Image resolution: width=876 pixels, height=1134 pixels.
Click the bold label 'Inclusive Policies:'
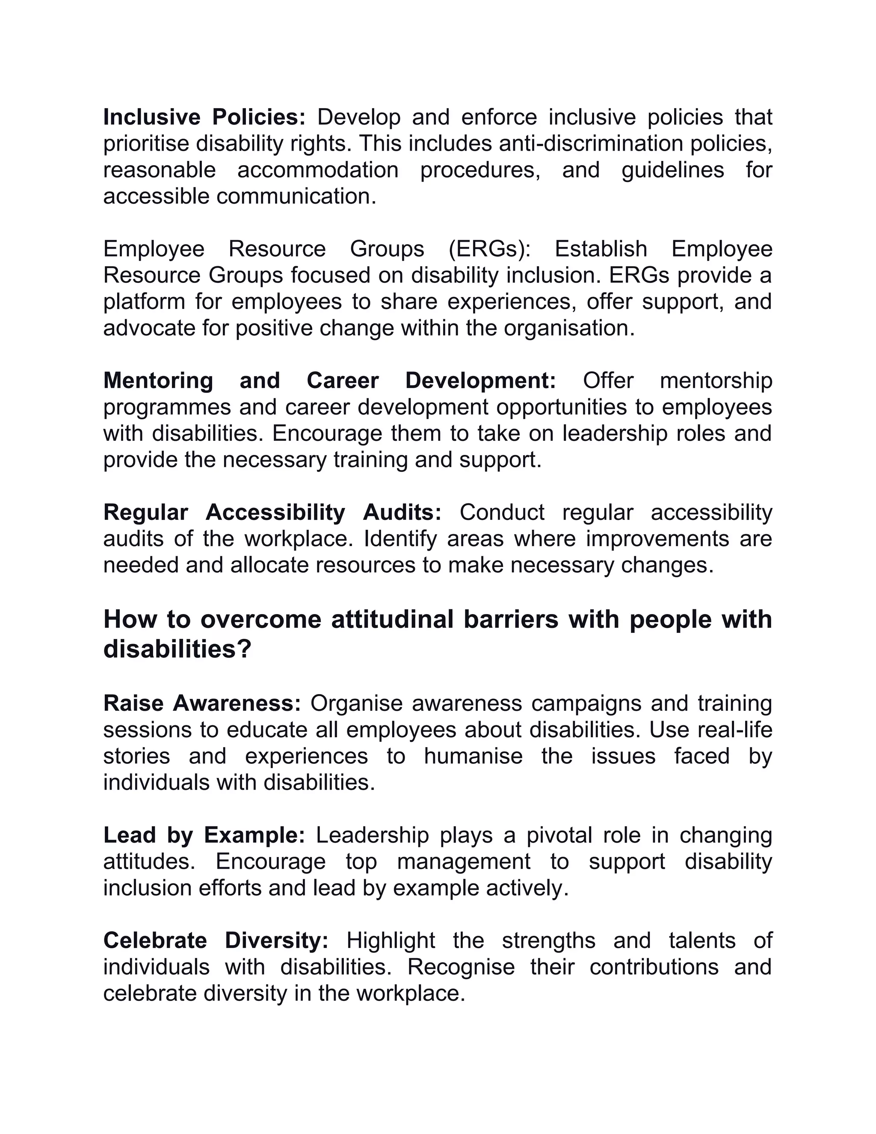204,117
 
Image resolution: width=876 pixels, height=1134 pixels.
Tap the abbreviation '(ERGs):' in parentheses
490,249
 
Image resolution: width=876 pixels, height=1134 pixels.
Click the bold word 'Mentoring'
158,381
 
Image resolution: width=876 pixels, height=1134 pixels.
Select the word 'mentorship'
716,381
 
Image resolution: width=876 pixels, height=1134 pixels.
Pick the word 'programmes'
167,407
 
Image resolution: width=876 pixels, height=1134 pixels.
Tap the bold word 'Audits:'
402,513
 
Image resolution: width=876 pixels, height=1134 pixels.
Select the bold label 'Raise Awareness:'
202,704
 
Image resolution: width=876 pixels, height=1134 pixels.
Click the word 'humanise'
474,757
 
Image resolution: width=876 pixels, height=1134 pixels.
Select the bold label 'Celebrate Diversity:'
216,941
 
